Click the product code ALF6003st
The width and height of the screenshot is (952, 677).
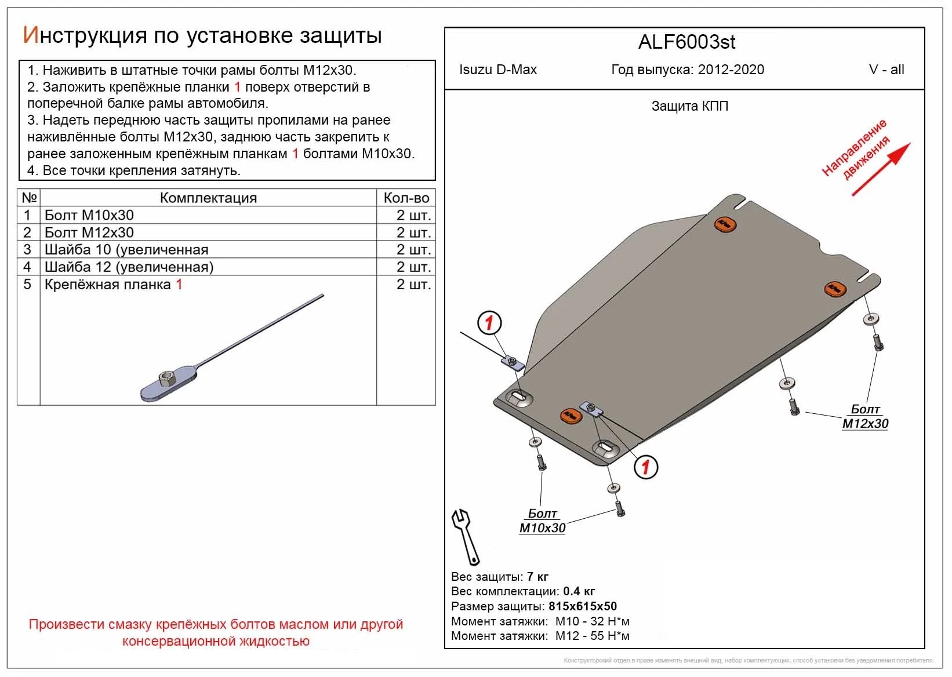click(686, 42)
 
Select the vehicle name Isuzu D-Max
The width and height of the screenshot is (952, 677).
click(497, 70)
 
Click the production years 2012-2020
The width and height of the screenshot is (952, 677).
click(731, 70)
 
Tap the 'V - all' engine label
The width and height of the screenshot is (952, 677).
click(886, 70)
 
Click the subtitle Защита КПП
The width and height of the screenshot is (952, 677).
click(689, 106)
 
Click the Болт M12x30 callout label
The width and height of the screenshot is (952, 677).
click(865, 417)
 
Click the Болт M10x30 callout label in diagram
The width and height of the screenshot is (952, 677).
click(542, 521)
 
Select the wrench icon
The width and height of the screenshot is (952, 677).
click(465, 536)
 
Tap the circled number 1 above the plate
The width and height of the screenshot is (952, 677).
click(489, 323)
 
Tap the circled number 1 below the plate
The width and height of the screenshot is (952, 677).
click(646, 467)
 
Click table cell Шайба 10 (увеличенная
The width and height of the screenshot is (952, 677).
click(126, 250)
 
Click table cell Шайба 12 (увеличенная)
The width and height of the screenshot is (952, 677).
click(129, 267)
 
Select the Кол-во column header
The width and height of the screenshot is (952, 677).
click(406, 198)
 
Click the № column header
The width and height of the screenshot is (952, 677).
click(29, 198)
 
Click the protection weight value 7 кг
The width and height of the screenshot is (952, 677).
click(537, 577)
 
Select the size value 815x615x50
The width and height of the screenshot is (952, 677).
click(582, 606)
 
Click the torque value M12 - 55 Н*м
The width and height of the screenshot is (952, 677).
click(592, 636)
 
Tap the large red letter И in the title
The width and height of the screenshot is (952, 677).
click(30, 35)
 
